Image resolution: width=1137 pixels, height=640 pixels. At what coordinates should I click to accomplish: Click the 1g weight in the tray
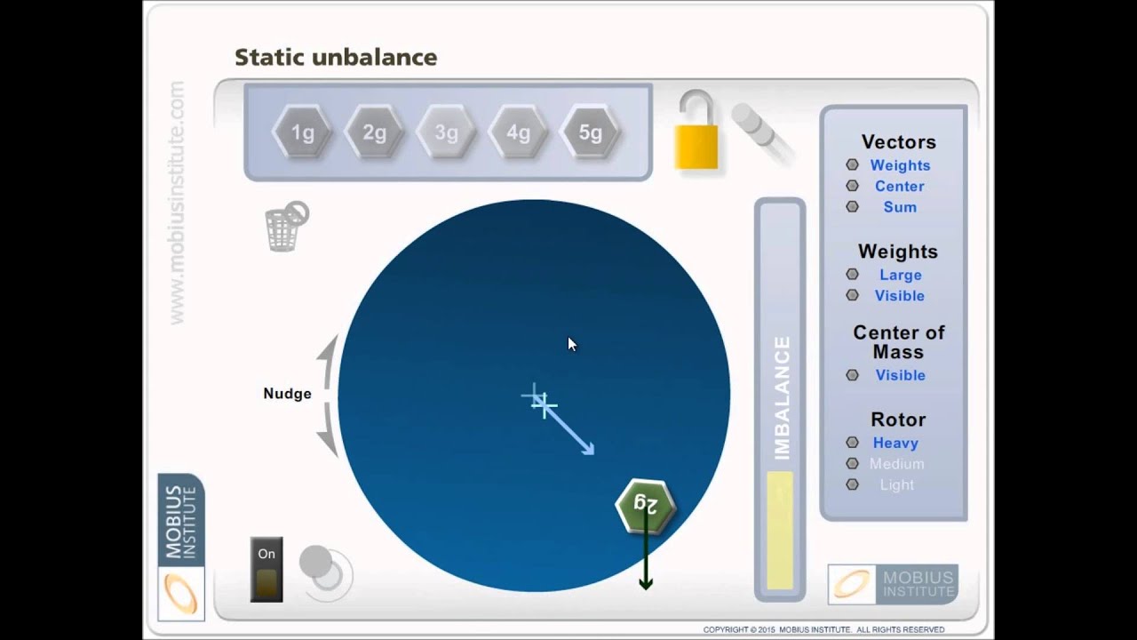coord(303,133)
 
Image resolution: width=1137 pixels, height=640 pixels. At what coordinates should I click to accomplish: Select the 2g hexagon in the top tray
coord(375,133)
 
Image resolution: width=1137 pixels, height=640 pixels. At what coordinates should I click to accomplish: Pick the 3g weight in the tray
coord(447,133)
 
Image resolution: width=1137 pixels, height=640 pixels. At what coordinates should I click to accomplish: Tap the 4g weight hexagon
coord(519,133)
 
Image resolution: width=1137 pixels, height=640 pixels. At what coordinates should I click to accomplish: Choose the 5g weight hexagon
coord(591,133)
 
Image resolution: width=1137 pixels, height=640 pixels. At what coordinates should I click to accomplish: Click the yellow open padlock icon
coord(696,133)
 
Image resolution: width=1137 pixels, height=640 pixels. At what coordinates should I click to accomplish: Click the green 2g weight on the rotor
coord(646,505)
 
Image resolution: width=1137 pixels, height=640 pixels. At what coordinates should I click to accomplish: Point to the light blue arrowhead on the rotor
coord(587,449)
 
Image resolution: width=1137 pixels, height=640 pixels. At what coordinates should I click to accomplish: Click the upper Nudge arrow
coord(330,360)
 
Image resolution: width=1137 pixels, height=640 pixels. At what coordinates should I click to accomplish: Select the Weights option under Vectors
coord(899,165)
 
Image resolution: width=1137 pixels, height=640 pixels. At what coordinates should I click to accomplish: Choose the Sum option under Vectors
coord(899,207)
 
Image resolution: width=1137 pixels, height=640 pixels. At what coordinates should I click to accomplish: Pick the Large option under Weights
coord(899,276)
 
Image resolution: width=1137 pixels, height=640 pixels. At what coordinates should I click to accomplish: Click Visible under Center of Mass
coord(899,375)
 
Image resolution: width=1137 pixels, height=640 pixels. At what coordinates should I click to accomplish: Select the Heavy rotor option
coord(894,443)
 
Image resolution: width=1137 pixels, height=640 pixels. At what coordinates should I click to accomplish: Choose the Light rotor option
coord(895,484)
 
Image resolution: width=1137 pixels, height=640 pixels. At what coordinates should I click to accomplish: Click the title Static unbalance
coord(336,58)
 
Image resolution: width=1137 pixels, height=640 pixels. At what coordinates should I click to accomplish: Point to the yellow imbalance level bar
coord(780,531)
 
